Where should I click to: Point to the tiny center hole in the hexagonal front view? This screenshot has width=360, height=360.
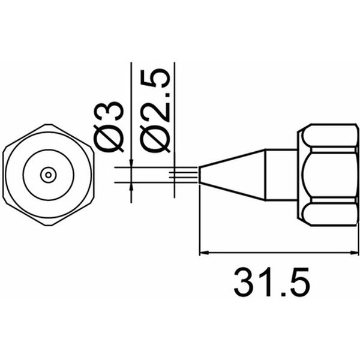coord(48,175)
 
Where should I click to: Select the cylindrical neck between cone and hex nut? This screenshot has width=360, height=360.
coord(280,175)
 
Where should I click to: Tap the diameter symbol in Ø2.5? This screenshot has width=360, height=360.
coord(155,139)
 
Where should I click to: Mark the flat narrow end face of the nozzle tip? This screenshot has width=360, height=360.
coord(200,175)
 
